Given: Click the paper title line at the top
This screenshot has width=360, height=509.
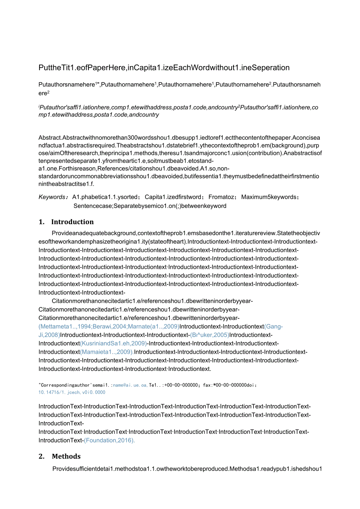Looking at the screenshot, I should pyautogui.click(x=164, y=68).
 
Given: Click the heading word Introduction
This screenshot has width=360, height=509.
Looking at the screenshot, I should pyautogui.click(x=72, y=222).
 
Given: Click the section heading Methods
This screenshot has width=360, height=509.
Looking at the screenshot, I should pyautogui.click(x=66, y=456).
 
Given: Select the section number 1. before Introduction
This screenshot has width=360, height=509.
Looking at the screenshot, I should pyautogui.click(x=41, y=222).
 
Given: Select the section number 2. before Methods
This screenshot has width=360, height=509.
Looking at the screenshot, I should pyautogui.click(x=41, y=456).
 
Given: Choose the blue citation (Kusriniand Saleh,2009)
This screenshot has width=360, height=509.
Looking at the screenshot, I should pyautogui.click(x=113, y=344).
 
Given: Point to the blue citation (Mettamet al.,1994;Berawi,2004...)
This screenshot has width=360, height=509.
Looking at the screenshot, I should pyautogui.click(x=109, y=326).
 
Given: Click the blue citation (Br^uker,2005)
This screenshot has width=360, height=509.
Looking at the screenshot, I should pyautogui.click(x=209, y=335).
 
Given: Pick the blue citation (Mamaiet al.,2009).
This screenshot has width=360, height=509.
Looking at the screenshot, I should pyautogui.click(x=106, y=352).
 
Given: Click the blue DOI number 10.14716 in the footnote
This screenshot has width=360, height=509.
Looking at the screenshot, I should pyautogui.click(x=72, y=392).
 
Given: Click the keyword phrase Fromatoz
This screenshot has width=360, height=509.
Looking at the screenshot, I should pyautogui.click(x=221, y=197).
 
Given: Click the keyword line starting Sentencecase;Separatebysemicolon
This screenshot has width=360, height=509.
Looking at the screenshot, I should pyautogui.click(x=149, y=206).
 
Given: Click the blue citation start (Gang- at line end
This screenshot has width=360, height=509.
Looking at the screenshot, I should pyautogui.click(x=274, y=326).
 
